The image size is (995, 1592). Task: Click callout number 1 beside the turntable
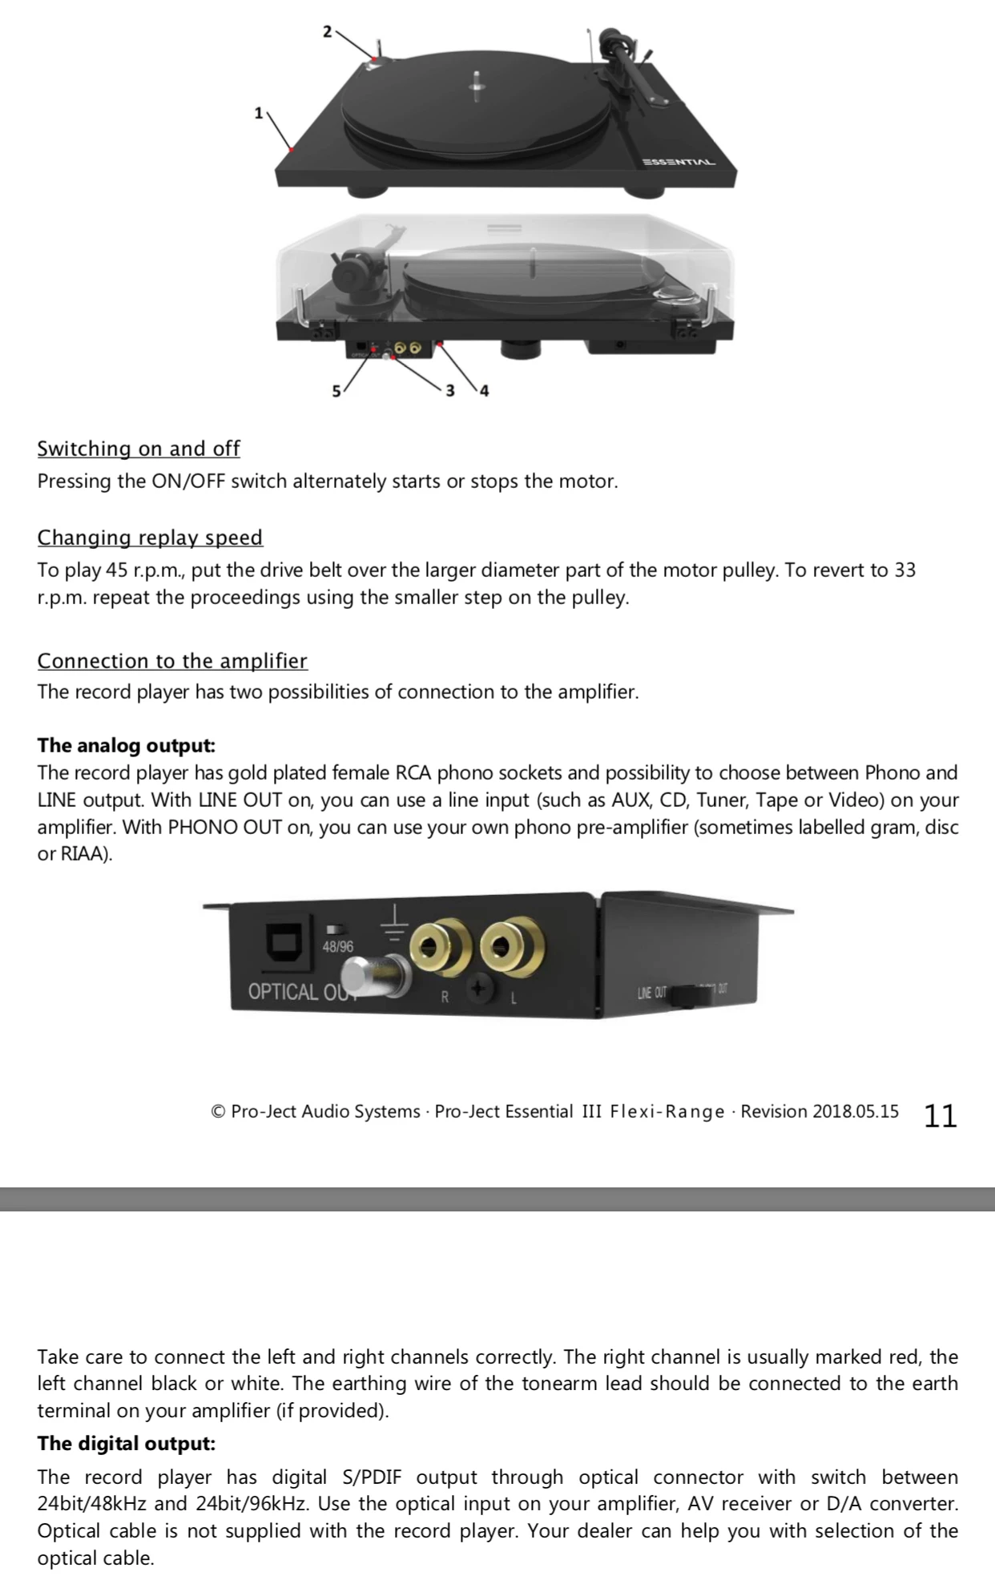(258, 113)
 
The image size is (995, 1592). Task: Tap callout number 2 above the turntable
(327, 31)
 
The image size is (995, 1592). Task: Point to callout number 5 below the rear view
(336, 391)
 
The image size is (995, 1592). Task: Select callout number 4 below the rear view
(484, 391)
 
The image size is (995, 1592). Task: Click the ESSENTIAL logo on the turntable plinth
(678, 162)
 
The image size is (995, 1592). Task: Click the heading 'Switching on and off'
(139, 449)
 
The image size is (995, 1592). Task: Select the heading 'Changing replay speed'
(150, 538)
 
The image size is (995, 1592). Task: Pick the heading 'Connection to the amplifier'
(172, 661)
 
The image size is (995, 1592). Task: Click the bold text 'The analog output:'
(127, 746)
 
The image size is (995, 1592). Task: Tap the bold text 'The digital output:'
(127, 1444)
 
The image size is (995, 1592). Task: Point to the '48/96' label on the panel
(337, 946)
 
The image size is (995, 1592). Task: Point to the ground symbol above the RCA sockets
(393, 921)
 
